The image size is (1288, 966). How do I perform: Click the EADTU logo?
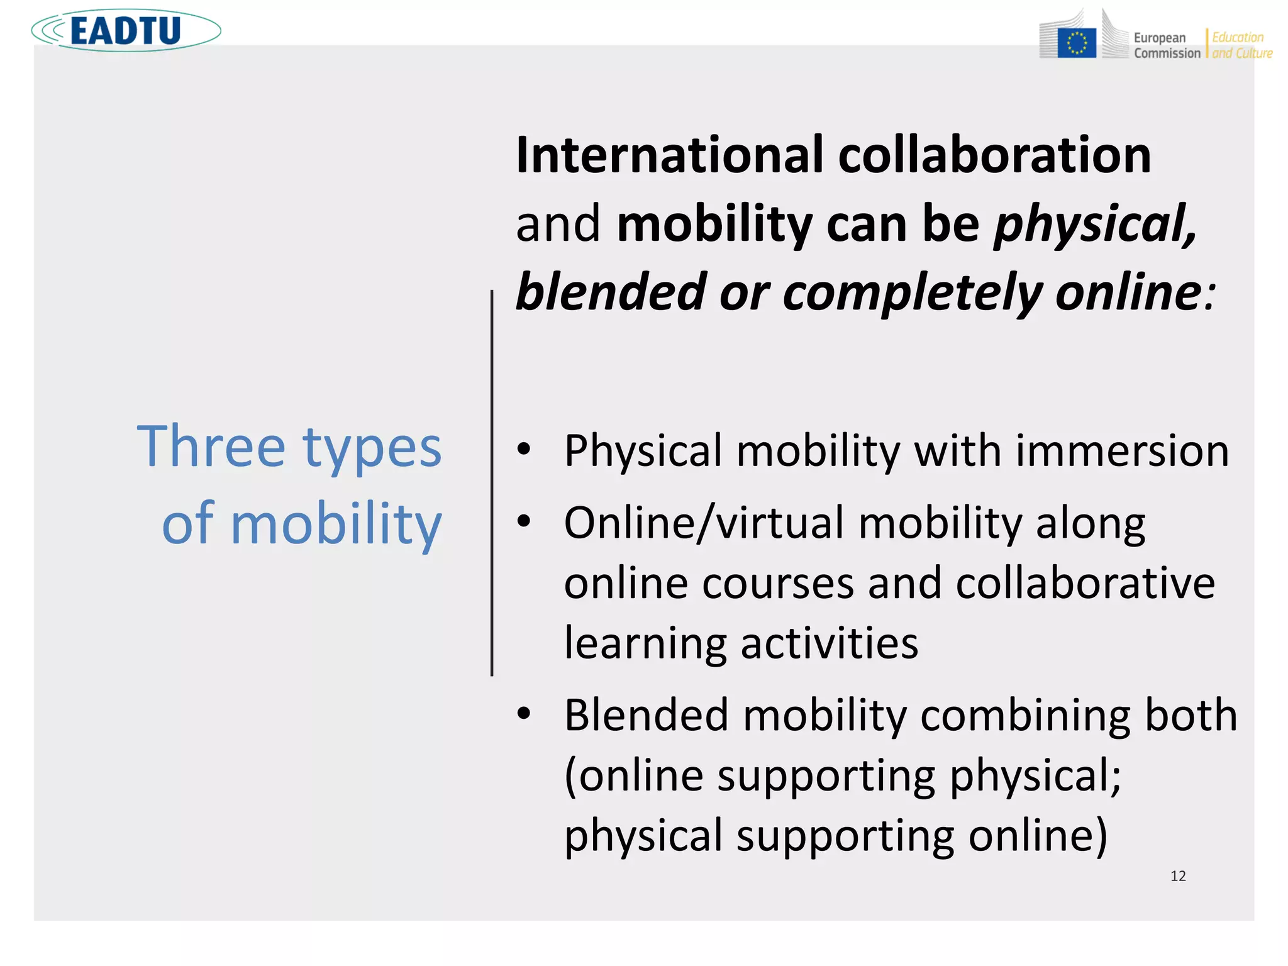[x=126, y=30]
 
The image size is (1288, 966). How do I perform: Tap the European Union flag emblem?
[x=1076, y=43]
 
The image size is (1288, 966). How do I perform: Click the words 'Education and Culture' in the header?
[x=1241, y=45]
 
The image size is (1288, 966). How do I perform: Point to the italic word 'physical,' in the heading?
[x=1095, y=224]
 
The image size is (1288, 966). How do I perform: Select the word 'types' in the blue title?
[x=372, y=449]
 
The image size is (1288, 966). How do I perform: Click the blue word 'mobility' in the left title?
[x=336, y=525]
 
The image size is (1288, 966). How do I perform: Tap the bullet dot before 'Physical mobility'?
[x=524, y=449]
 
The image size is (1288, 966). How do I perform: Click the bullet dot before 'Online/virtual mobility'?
[x=524, y=521]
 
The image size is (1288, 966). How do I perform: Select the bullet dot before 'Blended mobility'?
[x=524, y=713]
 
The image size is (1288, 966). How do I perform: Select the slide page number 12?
[x=1178, y=876]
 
